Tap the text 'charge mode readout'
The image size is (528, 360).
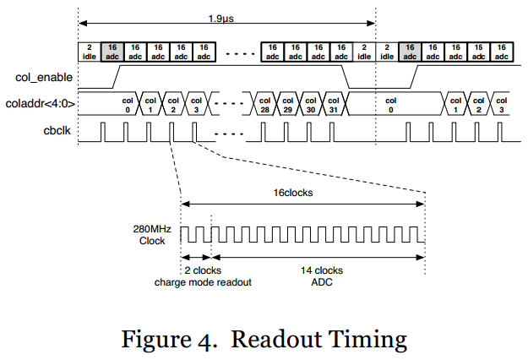click(204, 281)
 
